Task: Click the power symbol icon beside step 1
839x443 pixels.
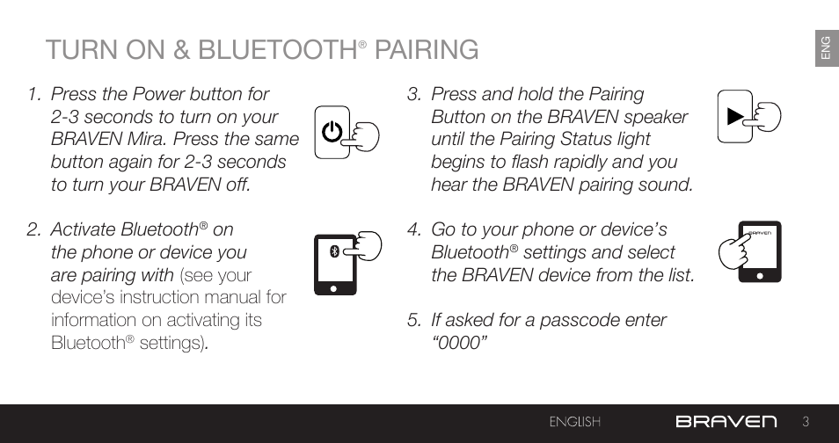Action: [x=332, y=132]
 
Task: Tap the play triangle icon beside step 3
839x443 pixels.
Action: [x=736, y=116]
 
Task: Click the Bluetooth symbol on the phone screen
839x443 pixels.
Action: [x=334, y=251]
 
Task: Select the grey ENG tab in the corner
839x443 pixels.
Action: [x=827, y=48]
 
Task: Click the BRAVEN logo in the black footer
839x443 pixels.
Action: [x=726, y=422]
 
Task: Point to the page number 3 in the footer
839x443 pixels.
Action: [x=806, y=422]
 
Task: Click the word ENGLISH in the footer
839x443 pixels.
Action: [x=574, y=422]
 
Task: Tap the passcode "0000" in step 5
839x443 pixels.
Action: [x=459, y=343]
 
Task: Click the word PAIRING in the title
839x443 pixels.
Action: [x=427, y=50]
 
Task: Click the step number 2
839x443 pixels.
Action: [x=33, y=229]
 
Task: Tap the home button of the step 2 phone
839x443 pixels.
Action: [x=334, y=289]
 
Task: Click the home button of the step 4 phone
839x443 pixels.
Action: [x=759, y=276]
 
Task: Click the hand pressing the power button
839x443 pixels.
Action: [x=361, y=137]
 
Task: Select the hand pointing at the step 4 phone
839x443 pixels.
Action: [x=734, y=251]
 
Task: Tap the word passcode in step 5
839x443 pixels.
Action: [x=576, y=321]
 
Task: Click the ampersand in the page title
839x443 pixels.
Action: [x=181, y=50]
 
